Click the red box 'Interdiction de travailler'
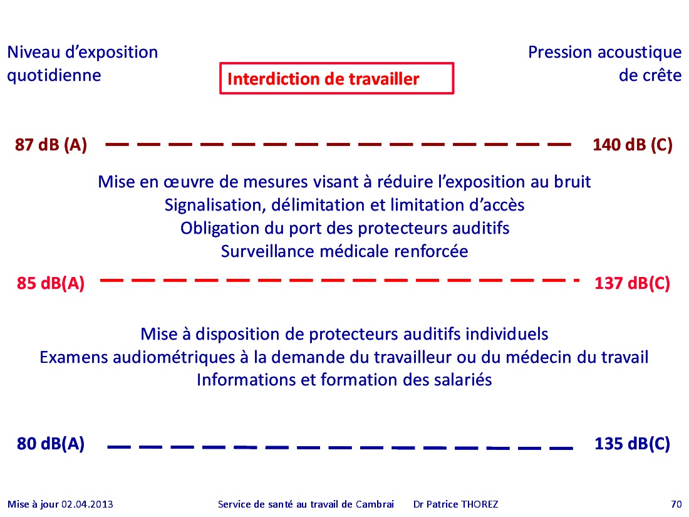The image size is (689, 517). [336, 78]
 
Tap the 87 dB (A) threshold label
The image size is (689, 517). [51, 145]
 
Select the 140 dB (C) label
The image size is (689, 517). [633, 145]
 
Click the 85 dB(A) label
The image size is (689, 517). [51, 283]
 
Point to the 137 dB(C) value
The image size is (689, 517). [632, 283]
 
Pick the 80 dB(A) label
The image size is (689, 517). [51, 444]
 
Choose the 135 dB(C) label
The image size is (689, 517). [632, 444]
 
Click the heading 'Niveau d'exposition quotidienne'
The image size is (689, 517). [82, 64]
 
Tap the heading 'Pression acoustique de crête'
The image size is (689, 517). [604, 64]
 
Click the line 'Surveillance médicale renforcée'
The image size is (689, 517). [344, 251]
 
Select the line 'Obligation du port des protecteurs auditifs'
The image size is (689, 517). [345, 229]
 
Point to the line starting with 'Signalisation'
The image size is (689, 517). [344, 206]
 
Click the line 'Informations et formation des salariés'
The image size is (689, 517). [344, 380]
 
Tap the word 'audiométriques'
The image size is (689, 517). [174, 357]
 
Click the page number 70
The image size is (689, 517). [676, 504]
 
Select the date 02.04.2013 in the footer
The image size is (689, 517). [87, 504]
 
